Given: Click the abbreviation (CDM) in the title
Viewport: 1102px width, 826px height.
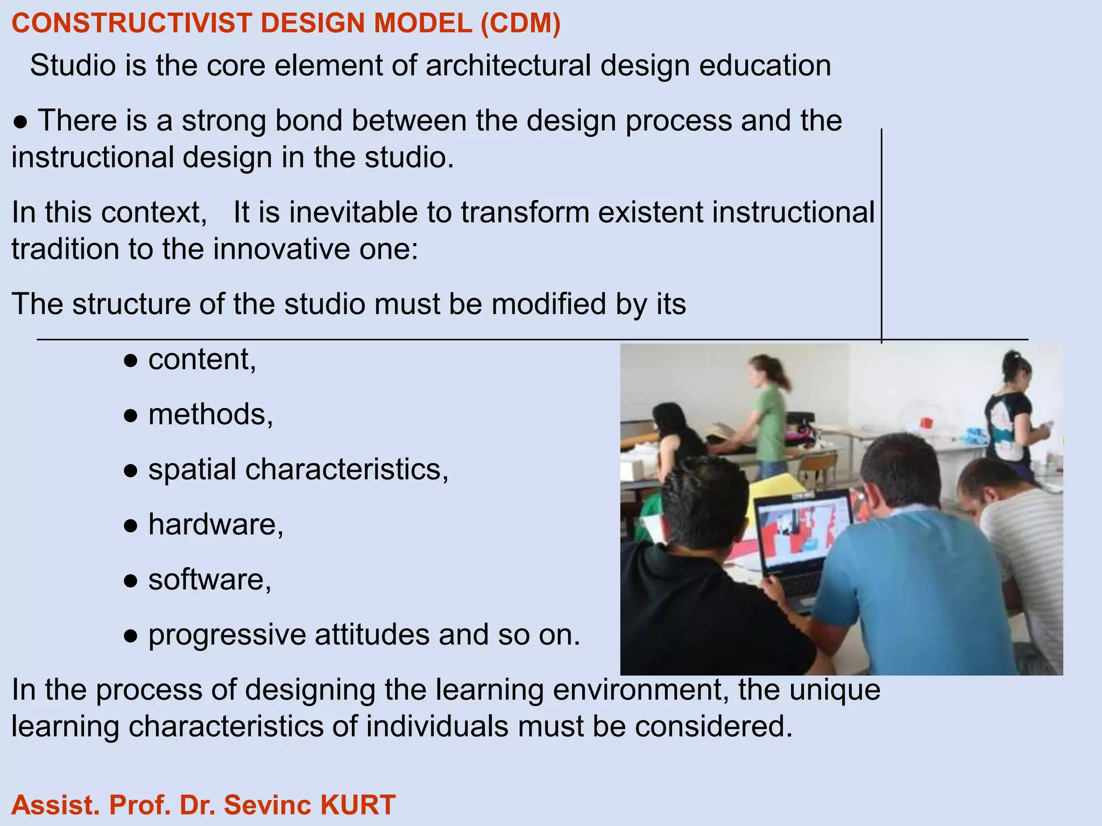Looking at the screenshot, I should click(520, 24).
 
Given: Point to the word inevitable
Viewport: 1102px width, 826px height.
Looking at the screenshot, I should click(353, 212).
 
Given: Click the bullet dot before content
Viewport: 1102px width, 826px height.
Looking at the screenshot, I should click(131, 361).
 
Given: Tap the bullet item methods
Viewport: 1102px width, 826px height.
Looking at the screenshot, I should click(210, 415).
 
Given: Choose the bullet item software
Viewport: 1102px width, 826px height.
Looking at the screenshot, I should click(209, 580).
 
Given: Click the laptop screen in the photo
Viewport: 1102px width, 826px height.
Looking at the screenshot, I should click(802, 533).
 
